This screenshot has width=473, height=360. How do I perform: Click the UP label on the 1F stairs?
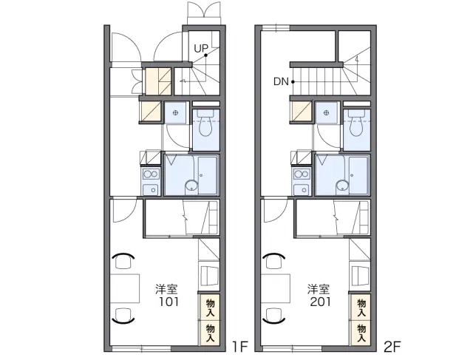tap(201, 48)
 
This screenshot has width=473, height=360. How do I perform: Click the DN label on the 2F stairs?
tap(281, 81)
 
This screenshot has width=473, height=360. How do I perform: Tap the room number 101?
tap(169, 302)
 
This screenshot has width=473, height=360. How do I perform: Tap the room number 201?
tap(320, 302)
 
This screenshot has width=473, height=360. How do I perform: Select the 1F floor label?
tap(239, 347)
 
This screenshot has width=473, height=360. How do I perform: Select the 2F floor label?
tap(392, 347)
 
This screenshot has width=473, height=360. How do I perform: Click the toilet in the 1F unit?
tap(205, 123)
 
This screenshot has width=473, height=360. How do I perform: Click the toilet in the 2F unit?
tap(357, 123)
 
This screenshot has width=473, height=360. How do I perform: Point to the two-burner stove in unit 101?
tap(151, 174)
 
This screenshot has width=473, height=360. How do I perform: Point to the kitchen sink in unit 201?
tap(302, 189)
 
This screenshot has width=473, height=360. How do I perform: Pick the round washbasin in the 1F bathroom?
tap(191, 186)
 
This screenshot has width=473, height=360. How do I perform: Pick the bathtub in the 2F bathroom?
tap(358, 175)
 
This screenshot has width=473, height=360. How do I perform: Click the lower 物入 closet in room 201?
tap(361, 333)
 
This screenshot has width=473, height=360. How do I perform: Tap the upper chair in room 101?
tap(123, 260)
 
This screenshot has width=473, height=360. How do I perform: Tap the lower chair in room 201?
tap(274, 316)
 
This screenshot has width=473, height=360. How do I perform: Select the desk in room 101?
tap(124, 288)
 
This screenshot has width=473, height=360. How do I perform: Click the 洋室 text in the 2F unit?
tap(319, 289)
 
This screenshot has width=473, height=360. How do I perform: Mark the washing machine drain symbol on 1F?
tap(175, 113)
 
